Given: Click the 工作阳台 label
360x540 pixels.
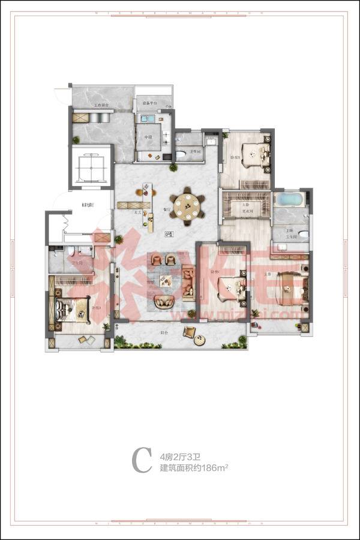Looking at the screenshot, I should click(x=101, y=106).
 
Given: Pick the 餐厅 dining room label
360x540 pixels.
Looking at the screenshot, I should click(x=167, y=211).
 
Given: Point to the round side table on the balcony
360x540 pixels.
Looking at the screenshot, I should click(x=198, y=337).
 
